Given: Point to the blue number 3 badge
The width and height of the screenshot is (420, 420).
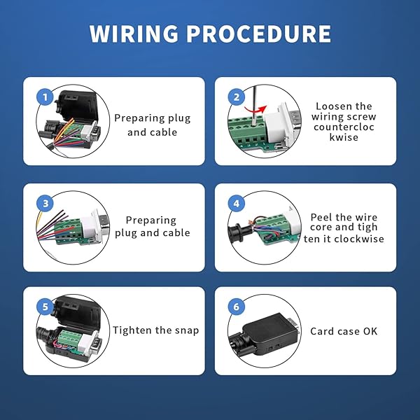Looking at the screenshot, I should coord(45,204).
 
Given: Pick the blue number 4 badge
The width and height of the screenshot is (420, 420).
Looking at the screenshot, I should coord(237,204).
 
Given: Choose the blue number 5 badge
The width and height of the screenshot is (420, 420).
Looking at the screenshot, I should coord(45,306).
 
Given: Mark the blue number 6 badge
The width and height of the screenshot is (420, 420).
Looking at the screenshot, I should coord(237,306).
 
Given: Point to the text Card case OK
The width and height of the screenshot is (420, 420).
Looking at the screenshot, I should coord(344,330).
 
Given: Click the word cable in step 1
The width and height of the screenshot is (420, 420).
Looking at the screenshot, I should coord(164,132).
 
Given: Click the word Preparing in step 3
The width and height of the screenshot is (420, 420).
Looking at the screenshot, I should coord(150,220).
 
